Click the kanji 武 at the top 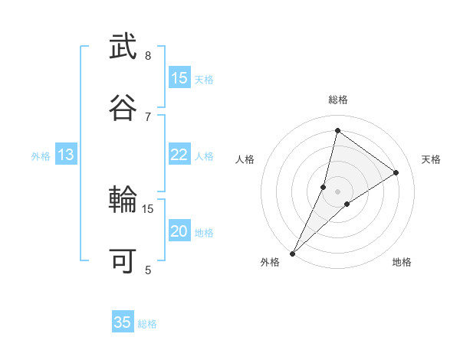click(x=123, y=47)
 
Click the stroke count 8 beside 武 click(x=148, y=56)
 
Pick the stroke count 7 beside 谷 click(x=148, y=116)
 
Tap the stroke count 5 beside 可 click(x=148, y=269)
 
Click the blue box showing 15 click(x=179, y=78)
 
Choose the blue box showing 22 click(x=179, y=155)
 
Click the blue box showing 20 click(x=179, y=231)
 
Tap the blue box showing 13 click(x=66, y=155)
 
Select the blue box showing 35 click(x=123, y=322)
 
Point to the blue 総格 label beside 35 click(x=148, y=324)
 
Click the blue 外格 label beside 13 click(x=41, y=156)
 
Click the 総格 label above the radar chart click(x=338, y=100)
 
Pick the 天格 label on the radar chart click(x=432, y=159)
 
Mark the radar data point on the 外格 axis click(x=293, y=254)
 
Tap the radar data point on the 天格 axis click(x=396, y=172)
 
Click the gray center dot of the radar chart click(x=338, y=191)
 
